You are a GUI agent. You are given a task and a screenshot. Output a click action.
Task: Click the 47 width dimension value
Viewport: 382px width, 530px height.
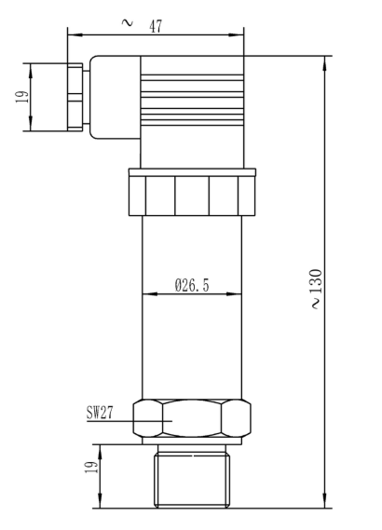(156, 26)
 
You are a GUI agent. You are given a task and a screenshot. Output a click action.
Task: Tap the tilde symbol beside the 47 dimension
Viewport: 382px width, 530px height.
(127, 23)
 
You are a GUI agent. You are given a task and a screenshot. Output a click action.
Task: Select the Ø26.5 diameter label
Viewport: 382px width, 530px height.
(192, 285)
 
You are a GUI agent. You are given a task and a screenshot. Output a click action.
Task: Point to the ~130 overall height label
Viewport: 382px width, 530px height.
(316, 289)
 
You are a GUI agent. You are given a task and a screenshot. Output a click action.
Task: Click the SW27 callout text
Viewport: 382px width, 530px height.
(100, 413)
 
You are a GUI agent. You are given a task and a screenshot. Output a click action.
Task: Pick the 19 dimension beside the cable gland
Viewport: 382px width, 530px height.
(22, 98)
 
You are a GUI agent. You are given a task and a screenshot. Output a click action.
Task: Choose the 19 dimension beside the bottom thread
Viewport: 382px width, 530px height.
(91, 467)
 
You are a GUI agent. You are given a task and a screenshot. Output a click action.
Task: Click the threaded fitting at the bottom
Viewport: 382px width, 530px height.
(192, 476)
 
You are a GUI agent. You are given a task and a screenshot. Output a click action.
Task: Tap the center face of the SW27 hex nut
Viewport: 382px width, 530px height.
(192, 418)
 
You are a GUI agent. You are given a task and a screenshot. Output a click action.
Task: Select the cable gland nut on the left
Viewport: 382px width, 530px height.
(75, 97)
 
